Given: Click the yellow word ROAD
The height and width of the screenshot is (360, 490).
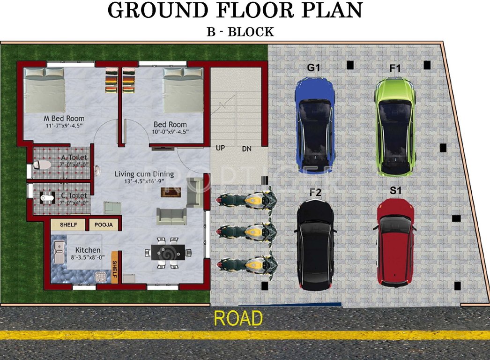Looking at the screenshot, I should [238, 318].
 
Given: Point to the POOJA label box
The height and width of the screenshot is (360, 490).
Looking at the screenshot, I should [104, 225].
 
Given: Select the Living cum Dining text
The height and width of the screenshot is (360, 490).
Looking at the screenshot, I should [144, 174].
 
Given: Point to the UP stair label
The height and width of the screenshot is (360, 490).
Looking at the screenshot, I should [220, 148].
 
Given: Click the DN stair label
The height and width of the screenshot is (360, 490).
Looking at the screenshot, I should [247, 149].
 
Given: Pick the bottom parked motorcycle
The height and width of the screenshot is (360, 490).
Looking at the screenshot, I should [245, 263].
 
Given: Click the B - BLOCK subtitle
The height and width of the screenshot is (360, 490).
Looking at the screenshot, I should [240, 32].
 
